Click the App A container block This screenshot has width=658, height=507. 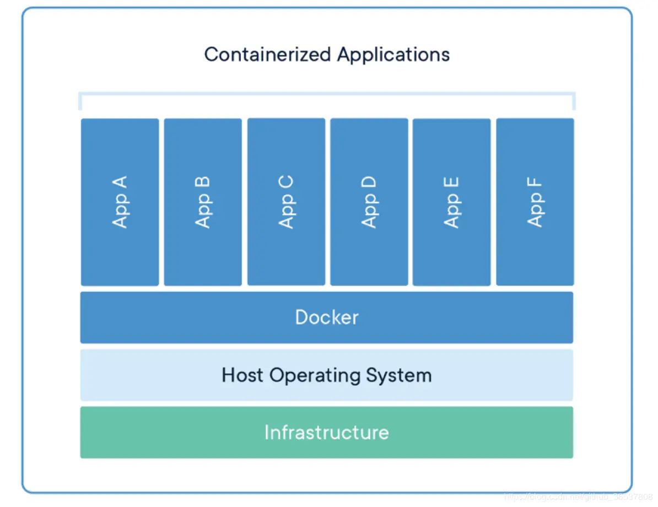120,202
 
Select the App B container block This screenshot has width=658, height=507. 203,202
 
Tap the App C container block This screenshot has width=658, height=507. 286,202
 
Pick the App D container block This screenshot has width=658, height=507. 369,202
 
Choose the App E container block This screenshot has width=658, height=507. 451,202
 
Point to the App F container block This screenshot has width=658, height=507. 535,202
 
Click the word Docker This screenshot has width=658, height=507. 327,317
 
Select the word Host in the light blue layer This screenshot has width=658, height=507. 242,375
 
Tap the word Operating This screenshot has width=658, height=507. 315,376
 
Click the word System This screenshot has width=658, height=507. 398,376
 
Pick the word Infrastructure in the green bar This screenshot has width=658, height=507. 327,432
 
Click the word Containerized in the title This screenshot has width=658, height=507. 268,55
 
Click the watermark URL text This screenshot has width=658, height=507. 579,497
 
